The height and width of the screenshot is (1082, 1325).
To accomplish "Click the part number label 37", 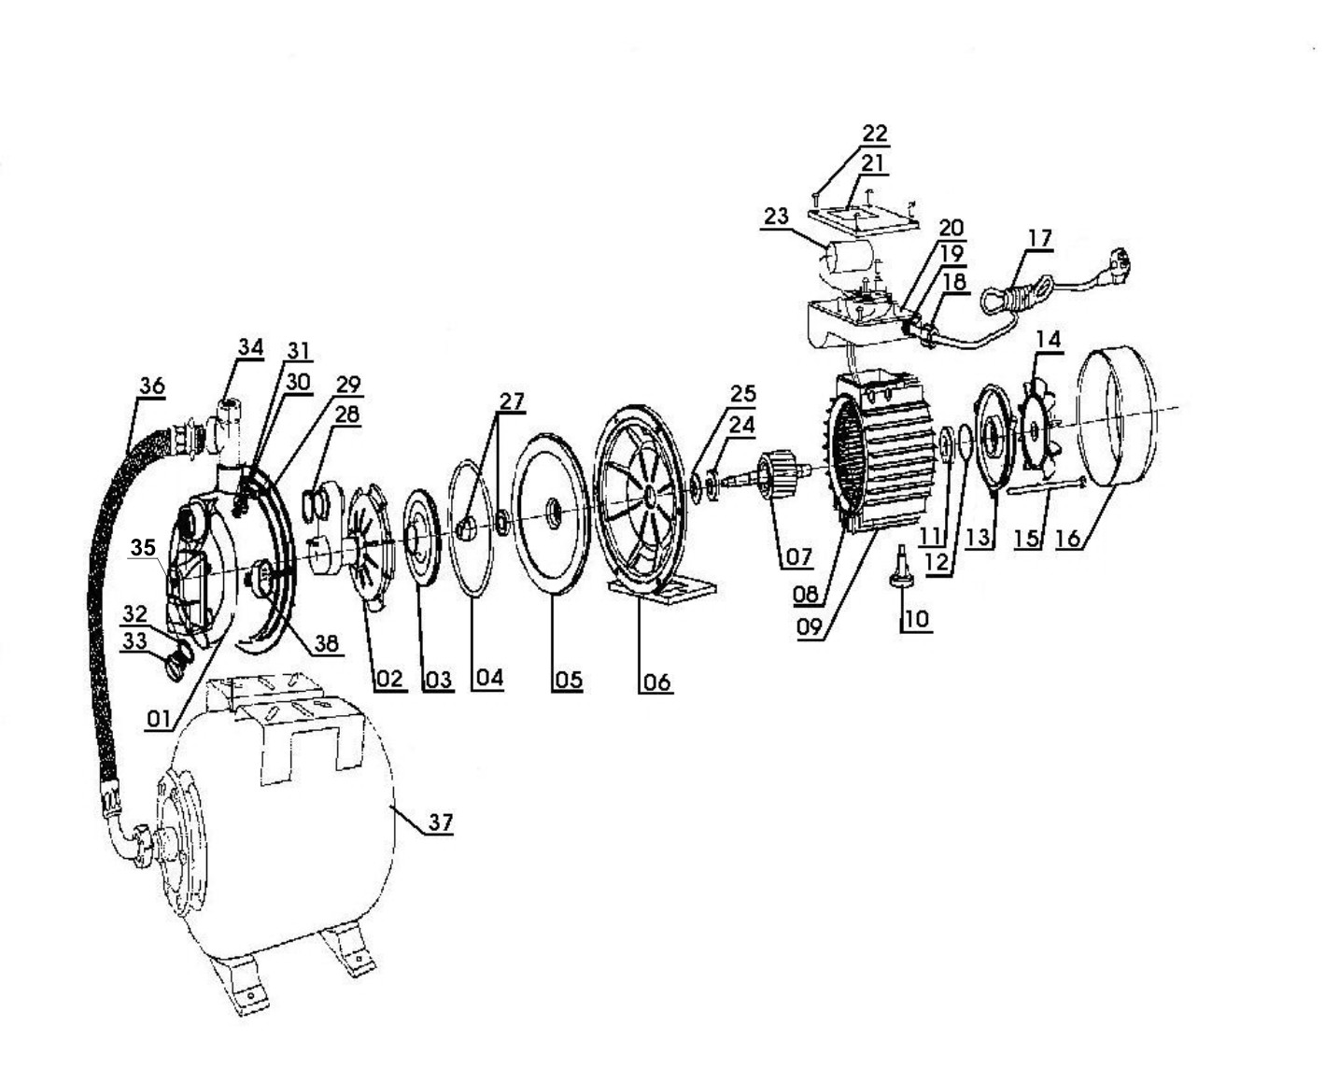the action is pyautogui.click(x=440, y=822).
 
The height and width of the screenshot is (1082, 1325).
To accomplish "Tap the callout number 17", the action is pyautogui.click(x=1040, y=238).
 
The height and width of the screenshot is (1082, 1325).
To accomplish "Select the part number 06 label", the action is pyautogui.click(x=656, y=682).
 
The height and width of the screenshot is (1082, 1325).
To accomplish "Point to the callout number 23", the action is pyautogui.click(x=776, y=216).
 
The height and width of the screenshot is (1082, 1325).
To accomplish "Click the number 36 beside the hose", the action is pyautogui.click(x=152, y=385).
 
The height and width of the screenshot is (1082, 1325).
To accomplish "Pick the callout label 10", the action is pyautogui.click(x=917, y=619).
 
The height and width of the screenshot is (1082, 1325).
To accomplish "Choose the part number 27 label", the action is pyautogui.click(x=512, y=400).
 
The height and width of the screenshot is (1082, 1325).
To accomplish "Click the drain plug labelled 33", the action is pyautogui.click(x=178, y=665).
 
